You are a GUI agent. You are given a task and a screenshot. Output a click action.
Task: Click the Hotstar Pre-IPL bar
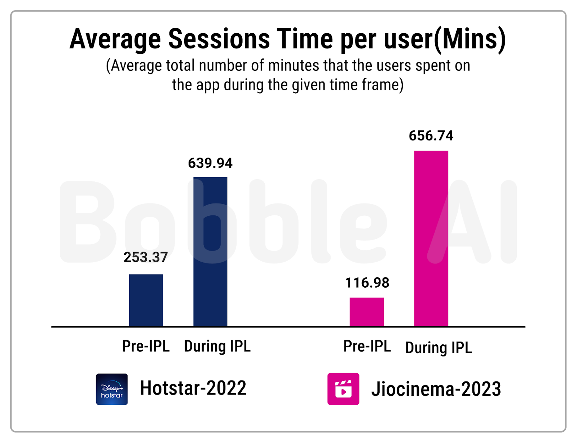pos(146,300)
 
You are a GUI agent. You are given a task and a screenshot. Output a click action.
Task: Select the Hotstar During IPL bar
pos(210,252)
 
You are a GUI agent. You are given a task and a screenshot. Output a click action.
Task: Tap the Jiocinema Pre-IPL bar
pos(367,312)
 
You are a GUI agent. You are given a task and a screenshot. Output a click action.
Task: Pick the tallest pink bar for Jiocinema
pos(431,238)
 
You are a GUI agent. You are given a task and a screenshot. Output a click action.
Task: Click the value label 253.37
pos(145,257)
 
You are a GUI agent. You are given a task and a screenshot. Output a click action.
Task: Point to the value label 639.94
pos(210,163)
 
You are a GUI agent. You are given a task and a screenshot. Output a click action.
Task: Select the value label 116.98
pos(367,283)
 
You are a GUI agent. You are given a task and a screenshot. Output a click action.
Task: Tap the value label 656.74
pos(431,136)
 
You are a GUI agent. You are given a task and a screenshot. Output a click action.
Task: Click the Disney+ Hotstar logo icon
pos(112,389)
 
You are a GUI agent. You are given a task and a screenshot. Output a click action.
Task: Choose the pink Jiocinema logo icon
pos(343,389)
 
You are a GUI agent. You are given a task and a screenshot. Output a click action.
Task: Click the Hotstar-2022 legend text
pos(193,388)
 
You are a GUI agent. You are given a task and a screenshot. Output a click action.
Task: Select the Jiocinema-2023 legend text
pos(436,389)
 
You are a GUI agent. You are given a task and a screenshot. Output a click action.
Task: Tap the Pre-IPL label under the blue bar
pos(146,346)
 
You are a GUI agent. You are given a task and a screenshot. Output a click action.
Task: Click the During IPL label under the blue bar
pos(217,347)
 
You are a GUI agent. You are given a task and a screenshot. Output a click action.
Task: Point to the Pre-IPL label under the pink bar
pos(367,346)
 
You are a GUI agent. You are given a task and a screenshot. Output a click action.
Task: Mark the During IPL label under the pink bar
pos(439,348)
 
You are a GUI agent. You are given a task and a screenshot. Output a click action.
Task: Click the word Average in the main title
pos(115,40)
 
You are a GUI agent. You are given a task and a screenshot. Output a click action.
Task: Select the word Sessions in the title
pos(219,39)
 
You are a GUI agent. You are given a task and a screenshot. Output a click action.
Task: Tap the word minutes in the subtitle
pos(294,65)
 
